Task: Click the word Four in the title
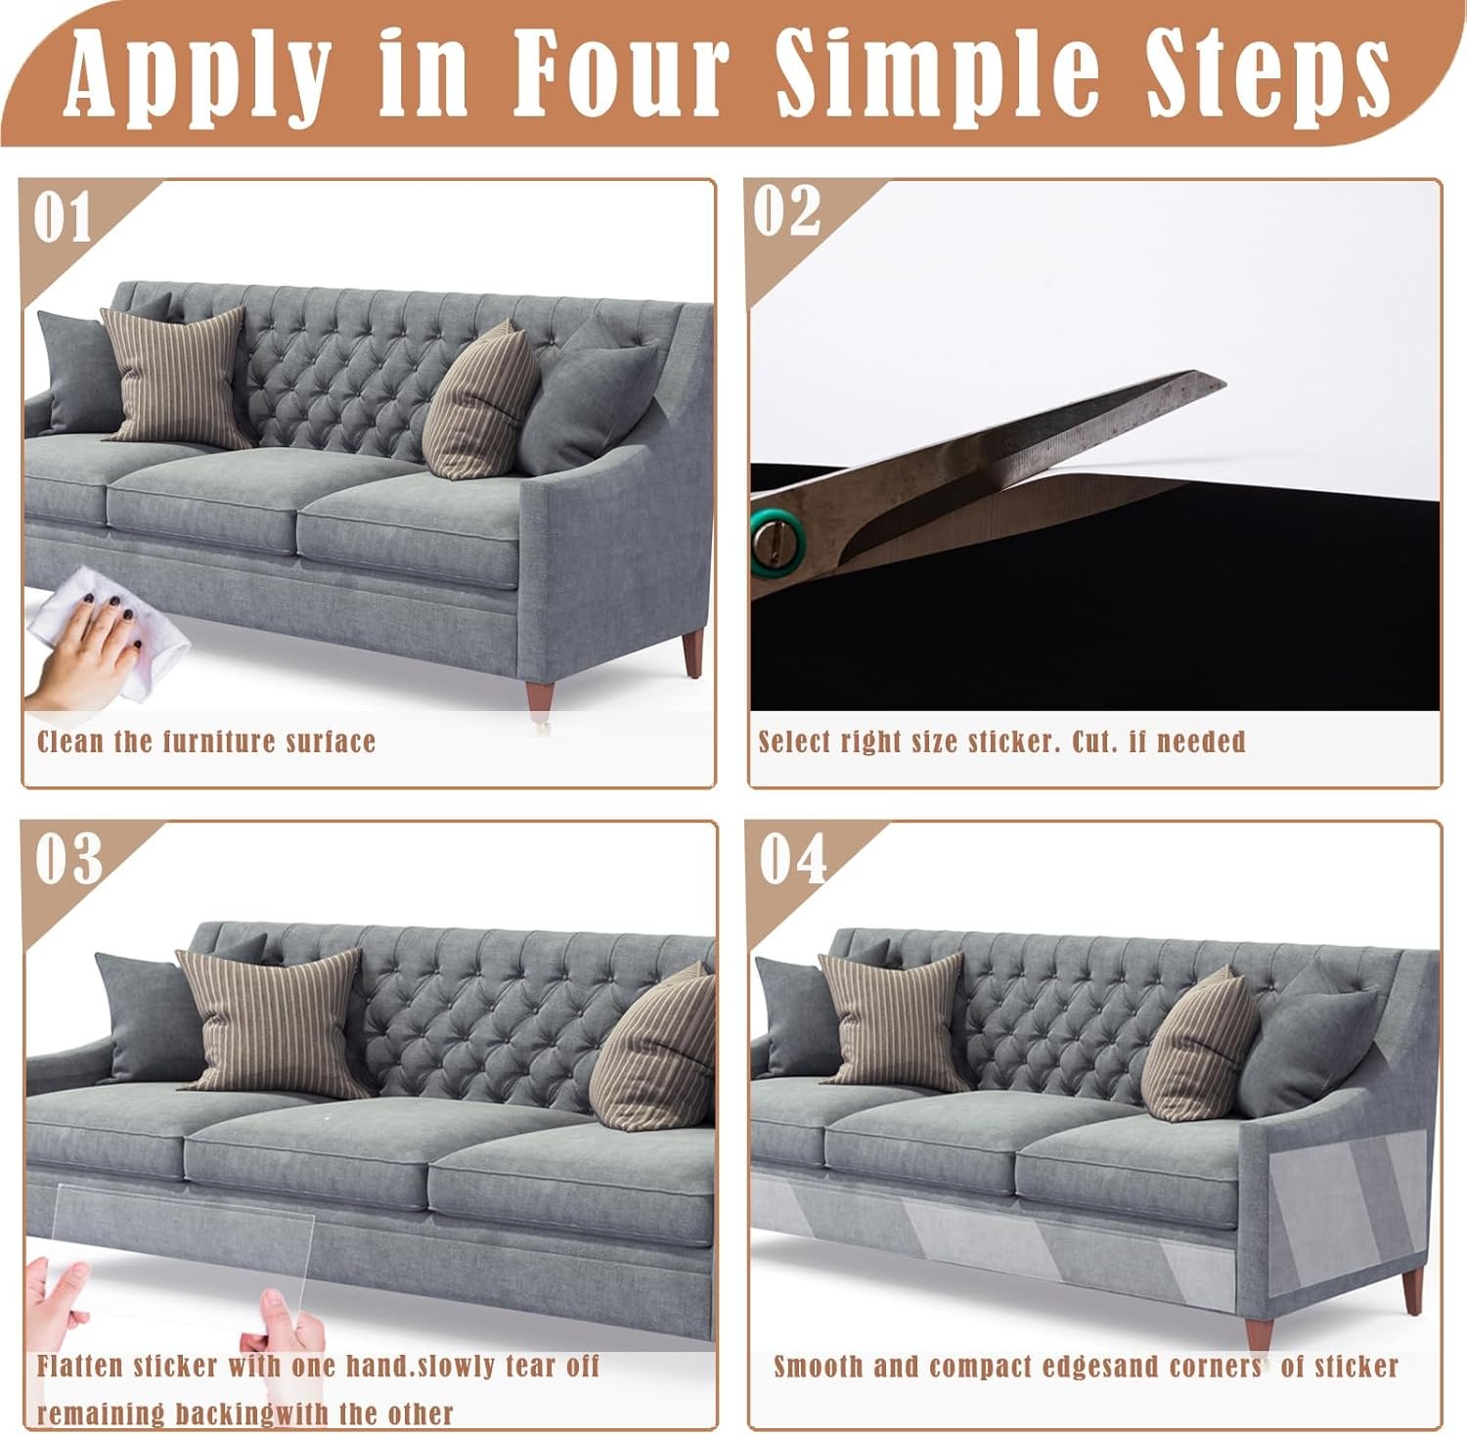tap(622, 69)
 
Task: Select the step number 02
tap(787, 210)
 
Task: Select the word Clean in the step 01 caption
tap(70, 741)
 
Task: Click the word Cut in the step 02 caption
tap(1093, 741)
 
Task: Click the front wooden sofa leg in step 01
tap(540, 696)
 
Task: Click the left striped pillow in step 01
tap(176, 377)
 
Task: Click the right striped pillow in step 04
tap(1200, 1045)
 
